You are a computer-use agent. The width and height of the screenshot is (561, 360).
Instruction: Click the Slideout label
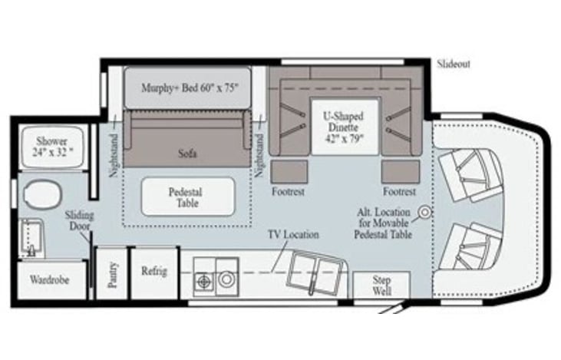coord(454,64)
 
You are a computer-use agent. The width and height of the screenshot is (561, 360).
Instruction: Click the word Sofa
coord(187,154)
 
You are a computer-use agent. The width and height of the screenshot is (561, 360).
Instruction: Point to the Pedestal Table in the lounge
coord(188,197)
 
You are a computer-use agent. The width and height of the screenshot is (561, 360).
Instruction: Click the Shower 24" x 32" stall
coord(52,147)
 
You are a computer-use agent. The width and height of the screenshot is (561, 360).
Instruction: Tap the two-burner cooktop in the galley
coord(204,282)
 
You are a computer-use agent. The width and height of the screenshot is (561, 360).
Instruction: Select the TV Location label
coord(292,234)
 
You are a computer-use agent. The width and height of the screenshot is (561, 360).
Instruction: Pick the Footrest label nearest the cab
coord(400,191)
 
